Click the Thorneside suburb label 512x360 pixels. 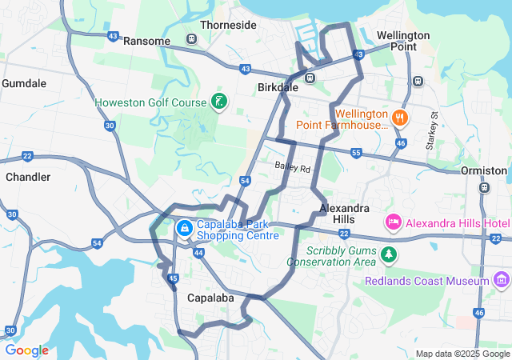click(228, 25)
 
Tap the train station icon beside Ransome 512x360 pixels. click(191, 39)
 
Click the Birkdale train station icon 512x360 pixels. click(310, 77)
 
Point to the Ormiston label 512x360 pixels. click(484, 170)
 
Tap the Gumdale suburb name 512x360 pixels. click(24, 83)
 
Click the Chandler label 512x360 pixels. click(29, 176)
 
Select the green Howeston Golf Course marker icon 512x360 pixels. click(218, 102)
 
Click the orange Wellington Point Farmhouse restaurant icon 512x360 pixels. click(400, 118)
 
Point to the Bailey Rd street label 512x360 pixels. click(292, 167)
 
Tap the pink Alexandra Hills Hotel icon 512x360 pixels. click(393, 221)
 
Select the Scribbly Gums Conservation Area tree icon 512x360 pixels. click(389, 254)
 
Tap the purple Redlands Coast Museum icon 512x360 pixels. click(502, 280)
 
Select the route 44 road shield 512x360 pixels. click(198, 252)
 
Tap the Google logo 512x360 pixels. click(26, 350)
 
